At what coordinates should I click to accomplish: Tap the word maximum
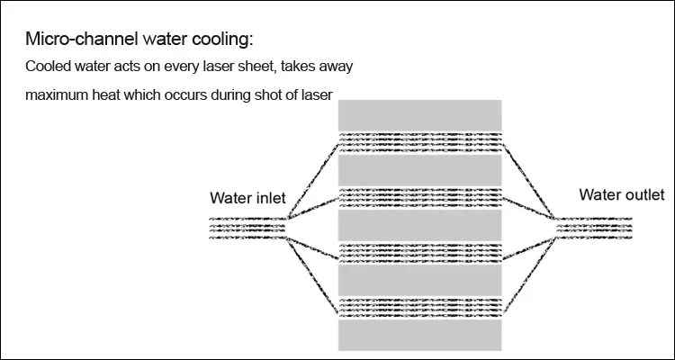(x=56, y=94)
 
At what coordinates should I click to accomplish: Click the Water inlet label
(x=248, y=198)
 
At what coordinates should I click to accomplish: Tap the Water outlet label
(x=621, y=194)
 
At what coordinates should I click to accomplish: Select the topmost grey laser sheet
(x=418, y=114)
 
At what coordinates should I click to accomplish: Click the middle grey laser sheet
(x=418, y=224)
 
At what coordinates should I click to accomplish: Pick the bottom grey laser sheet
(x=418, y=334)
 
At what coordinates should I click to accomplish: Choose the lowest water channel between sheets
(x=418, y=306)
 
